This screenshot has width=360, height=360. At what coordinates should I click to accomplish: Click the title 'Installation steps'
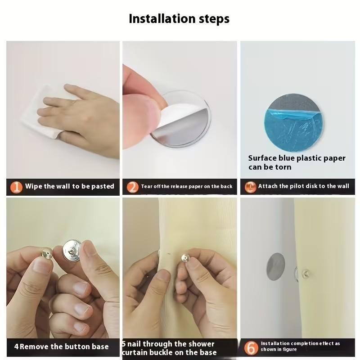(x=179, y=19)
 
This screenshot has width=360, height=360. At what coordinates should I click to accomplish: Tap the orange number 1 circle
(x=16, y=186)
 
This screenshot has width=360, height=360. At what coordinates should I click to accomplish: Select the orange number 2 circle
(x=132, y=186)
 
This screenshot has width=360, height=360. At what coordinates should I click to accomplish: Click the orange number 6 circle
(x=251, y=347)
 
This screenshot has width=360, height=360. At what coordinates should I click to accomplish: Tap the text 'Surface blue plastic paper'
(x=297, y=158)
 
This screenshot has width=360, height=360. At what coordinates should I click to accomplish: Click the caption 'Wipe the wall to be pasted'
(x=69, y=186)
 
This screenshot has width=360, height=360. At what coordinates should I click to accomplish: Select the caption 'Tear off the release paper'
(x=187, y=186)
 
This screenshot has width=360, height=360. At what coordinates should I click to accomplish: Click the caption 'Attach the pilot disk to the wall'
(x=303, y=186)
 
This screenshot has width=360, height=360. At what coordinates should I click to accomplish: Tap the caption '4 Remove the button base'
(x=61, y=346)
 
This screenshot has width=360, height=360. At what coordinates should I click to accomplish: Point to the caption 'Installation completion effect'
(x=300, y=344)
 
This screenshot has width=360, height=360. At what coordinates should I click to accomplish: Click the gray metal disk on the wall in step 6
(x=275, y=266)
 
